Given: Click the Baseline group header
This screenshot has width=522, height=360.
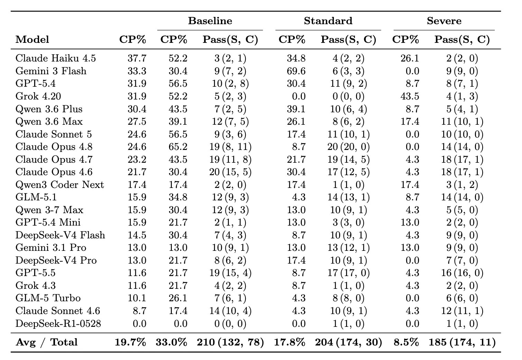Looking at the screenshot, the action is click(210, 21).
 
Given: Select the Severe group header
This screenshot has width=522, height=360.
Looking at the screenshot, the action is click(444, 21).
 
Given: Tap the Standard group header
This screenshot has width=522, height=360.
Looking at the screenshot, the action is click(328, 21).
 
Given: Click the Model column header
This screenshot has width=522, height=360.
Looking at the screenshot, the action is click(32, 39).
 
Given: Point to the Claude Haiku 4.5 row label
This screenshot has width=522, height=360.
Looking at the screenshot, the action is click(55, 58).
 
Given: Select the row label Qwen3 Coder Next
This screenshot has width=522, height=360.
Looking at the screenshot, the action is click(59, 184).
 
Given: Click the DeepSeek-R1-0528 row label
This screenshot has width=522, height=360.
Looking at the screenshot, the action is click(58, 323).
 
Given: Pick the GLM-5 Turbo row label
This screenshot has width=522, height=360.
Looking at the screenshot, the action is click(48, 298).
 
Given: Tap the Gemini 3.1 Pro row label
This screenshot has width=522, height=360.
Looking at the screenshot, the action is click(50, 247).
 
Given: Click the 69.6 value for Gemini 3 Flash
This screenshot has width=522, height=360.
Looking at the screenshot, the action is click(296, 71).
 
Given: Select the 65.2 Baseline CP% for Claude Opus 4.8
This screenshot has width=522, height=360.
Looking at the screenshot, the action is click(178, 147).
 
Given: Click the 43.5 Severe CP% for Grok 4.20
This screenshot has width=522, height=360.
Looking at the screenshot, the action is click(410, 96).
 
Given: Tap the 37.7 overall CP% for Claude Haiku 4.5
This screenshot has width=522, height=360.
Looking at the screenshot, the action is click(137, 58).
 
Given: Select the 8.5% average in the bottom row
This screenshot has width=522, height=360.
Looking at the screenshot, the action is click(406, 342).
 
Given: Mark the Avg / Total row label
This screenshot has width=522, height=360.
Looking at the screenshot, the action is click(46, 342).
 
